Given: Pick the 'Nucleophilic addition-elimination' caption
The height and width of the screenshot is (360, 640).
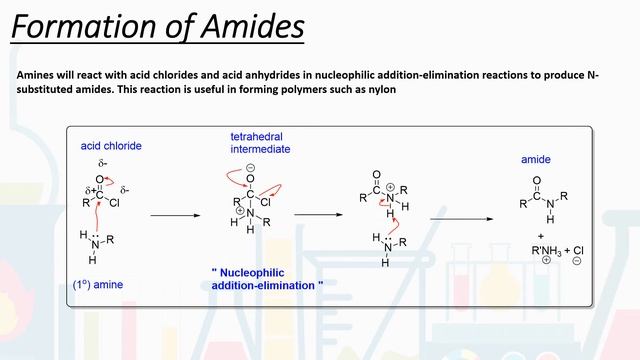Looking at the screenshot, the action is [x=267, y=279].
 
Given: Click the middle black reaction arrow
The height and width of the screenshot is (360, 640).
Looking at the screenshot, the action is [x=319, y=214].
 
